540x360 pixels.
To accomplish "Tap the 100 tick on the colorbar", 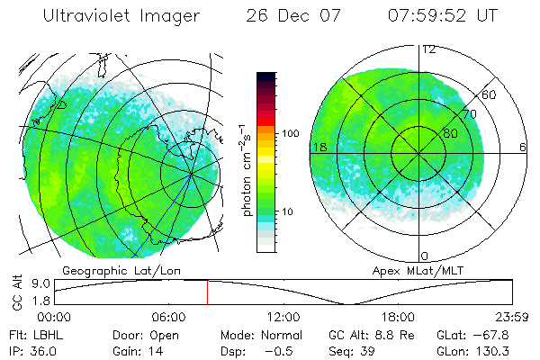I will pyautogui.click(x=290, y=133).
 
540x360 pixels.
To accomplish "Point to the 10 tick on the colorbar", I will pyautogui.click(x=287, y=211).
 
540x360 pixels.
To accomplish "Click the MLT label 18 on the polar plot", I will pyautogui.click(x=318, y=147).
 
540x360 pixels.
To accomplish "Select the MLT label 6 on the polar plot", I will pyautogui.click(x=522, y=147).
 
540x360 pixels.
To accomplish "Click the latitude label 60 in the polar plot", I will pyautogui.click(x=490, y=94).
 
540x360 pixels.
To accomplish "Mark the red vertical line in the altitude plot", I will pyautogui.click(x=207, y=292).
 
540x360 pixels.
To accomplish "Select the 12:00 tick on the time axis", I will pyautogui.click(x=283, y=317).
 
